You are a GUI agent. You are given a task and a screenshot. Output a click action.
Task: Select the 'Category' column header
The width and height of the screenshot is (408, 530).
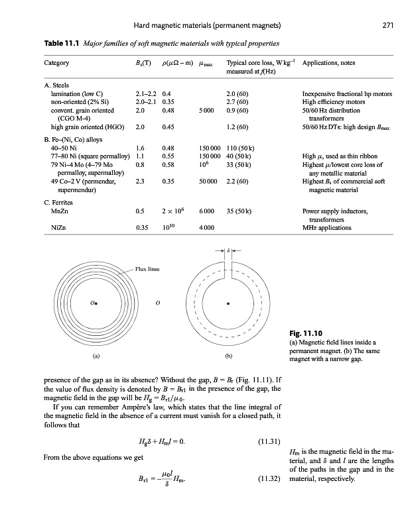(58, 64)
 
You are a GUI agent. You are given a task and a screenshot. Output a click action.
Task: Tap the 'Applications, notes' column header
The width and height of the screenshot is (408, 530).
(330, 64)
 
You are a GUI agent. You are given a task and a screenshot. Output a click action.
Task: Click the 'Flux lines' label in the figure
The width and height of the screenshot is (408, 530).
(147, 270)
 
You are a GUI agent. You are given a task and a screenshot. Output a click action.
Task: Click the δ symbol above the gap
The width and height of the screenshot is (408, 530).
(229, 252)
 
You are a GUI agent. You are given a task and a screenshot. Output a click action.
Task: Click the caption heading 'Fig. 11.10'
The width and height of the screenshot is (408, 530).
(306, 333)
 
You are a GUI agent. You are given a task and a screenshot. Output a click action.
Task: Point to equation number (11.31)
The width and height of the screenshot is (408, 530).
(269, 440)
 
